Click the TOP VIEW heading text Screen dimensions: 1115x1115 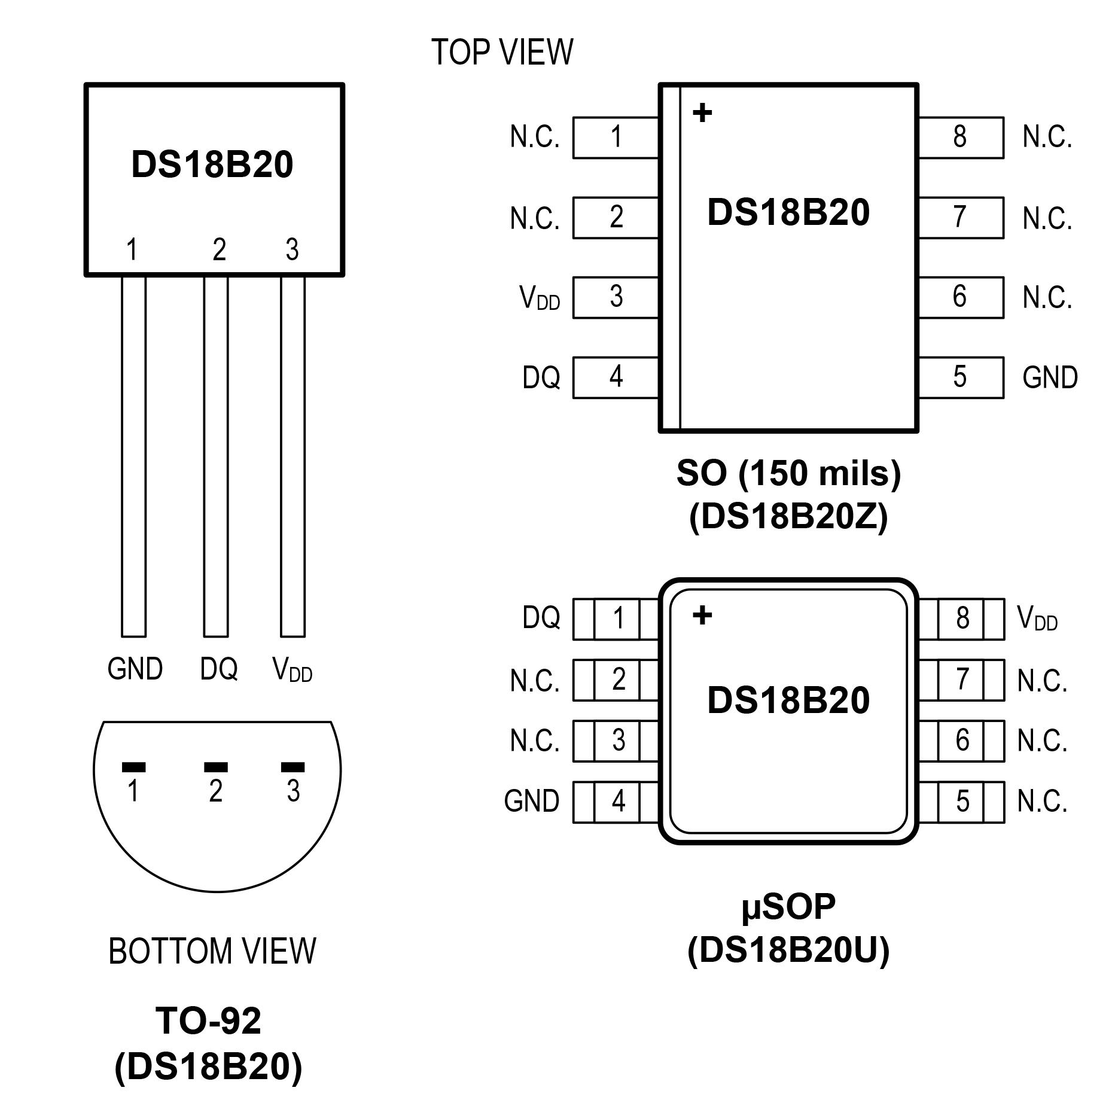(x=502, y=52)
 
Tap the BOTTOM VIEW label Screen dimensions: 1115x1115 (x=212, y=951)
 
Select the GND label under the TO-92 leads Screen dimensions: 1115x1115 (x=135, y=668)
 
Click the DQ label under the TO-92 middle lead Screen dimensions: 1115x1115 (x=218, y=669)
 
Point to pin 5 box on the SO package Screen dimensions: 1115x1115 (x=961, y=377)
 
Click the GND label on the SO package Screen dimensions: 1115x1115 (x=1050, y=377)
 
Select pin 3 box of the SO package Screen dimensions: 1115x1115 (x=616, y=297)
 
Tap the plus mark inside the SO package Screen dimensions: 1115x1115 (x=702, y=112)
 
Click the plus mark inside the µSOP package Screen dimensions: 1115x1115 (x=702, y=615)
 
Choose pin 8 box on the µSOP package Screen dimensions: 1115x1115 (x=962, y=619)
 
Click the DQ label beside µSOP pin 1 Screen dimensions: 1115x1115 (x=541, y=618)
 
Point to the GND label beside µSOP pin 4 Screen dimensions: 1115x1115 (x=531, y=801)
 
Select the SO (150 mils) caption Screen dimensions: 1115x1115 (x=788, y=473)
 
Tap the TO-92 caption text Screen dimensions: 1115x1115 (x=208, y=1020)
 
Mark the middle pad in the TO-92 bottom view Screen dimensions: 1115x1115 (x=216, y=767)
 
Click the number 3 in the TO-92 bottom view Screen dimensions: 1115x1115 (x=293, y=791)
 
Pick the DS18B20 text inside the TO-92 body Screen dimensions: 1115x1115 (x=212, y=164)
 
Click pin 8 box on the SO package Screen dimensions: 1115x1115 (x=961, y=138)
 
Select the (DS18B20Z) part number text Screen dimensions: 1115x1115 (x=788, y=516)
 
